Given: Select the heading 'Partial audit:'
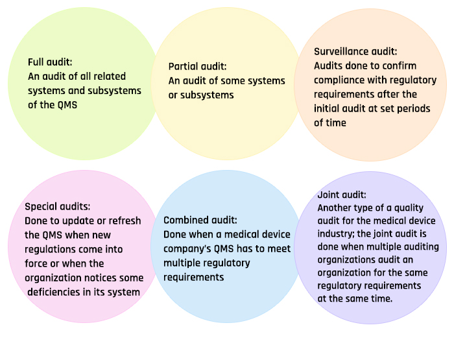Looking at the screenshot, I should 197,66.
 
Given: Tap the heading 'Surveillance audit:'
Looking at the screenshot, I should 355,51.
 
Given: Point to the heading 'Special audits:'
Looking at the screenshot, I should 57,207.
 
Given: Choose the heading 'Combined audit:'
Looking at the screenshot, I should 200,221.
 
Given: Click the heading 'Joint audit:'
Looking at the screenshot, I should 342,195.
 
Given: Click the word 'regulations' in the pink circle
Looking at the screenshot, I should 50,250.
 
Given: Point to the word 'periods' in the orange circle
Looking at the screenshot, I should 414,109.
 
